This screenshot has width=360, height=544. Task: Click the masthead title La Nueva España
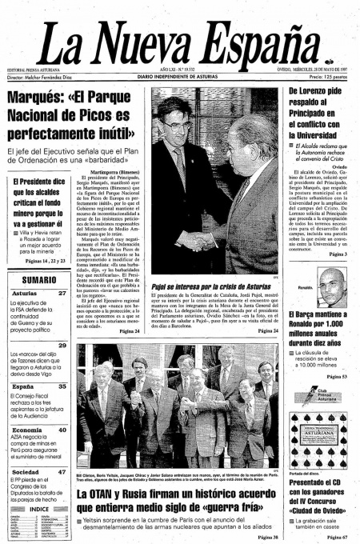[x=180, y=36]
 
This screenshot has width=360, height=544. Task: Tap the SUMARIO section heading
[x=38, y=280]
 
